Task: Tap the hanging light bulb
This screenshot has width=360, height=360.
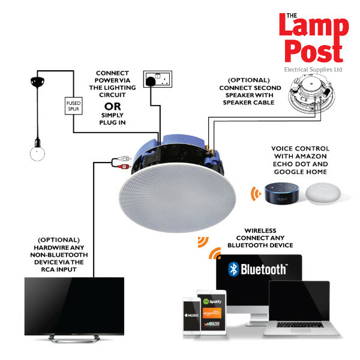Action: coord(37,154)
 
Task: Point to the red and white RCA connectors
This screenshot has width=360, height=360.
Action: coord(121,161)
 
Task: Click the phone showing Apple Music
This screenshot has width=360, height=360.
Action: coord(189,315)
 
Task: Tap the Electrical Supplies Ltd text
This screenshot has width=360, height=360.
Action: coord(313,69)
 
